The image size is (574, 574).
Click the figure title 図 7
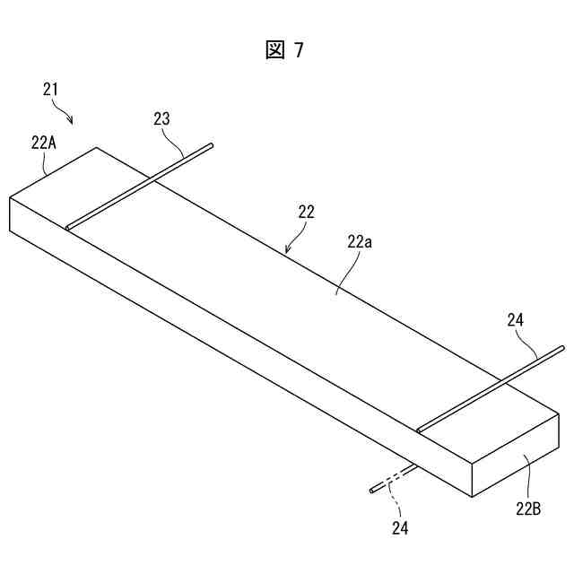click(285, 50)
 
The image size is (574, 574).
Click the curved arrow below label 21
click(63, 113)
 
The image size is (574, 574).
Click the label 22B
click(527, 509)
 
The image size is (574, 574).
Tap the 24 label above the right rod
click(516, 319)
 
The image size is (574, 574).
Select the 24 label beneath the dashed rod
click(400, 529)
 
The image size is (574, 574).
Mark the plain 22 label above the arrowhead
click(307, 213)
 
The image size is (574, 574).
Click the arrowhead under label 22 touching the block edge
click(287, 251)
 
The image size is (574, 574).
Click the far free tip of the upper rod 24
click(561, 347)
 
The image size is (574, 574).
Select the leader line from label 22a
click(344, 272)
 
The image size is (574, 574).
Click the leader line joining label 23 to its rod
click(178, 143)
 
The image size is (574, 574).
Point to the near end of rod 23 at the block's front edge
click(68, 227)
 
